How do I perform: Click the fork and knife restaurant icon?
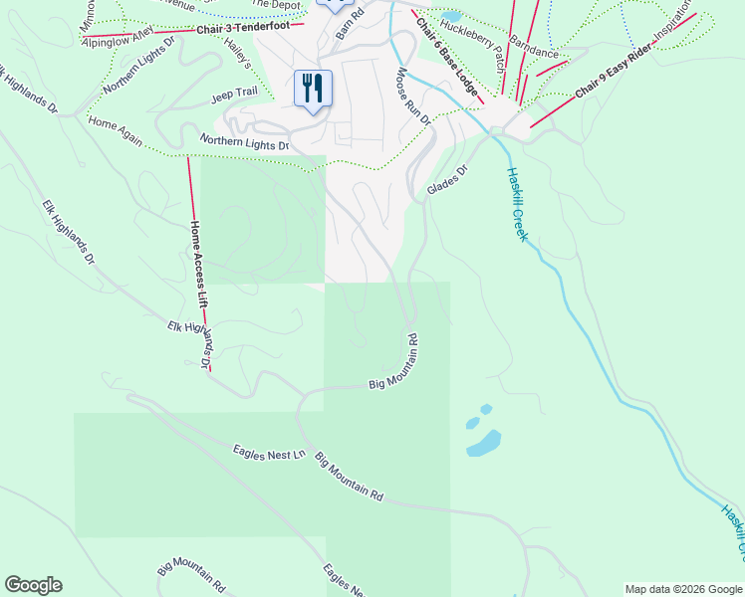coord(313,89)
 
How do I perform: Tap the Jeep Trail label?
coord(234,99)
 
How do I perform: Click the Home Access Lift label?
coord(200,263)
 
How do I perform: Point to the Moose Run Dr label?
coord(413,96)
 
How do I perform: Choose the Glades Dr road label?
coord(446,180)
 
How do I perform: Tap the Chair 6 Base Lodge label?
coord(448,59)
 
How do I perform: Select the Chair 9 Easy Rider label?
coord(618,77)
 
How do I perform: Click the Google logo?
coord(33,585)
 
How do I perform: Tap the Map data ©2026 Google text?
coord(683,589)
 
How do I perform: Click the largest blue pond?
coord(484,442)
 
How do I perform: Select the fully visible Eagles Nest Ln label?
coord(270,454)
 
